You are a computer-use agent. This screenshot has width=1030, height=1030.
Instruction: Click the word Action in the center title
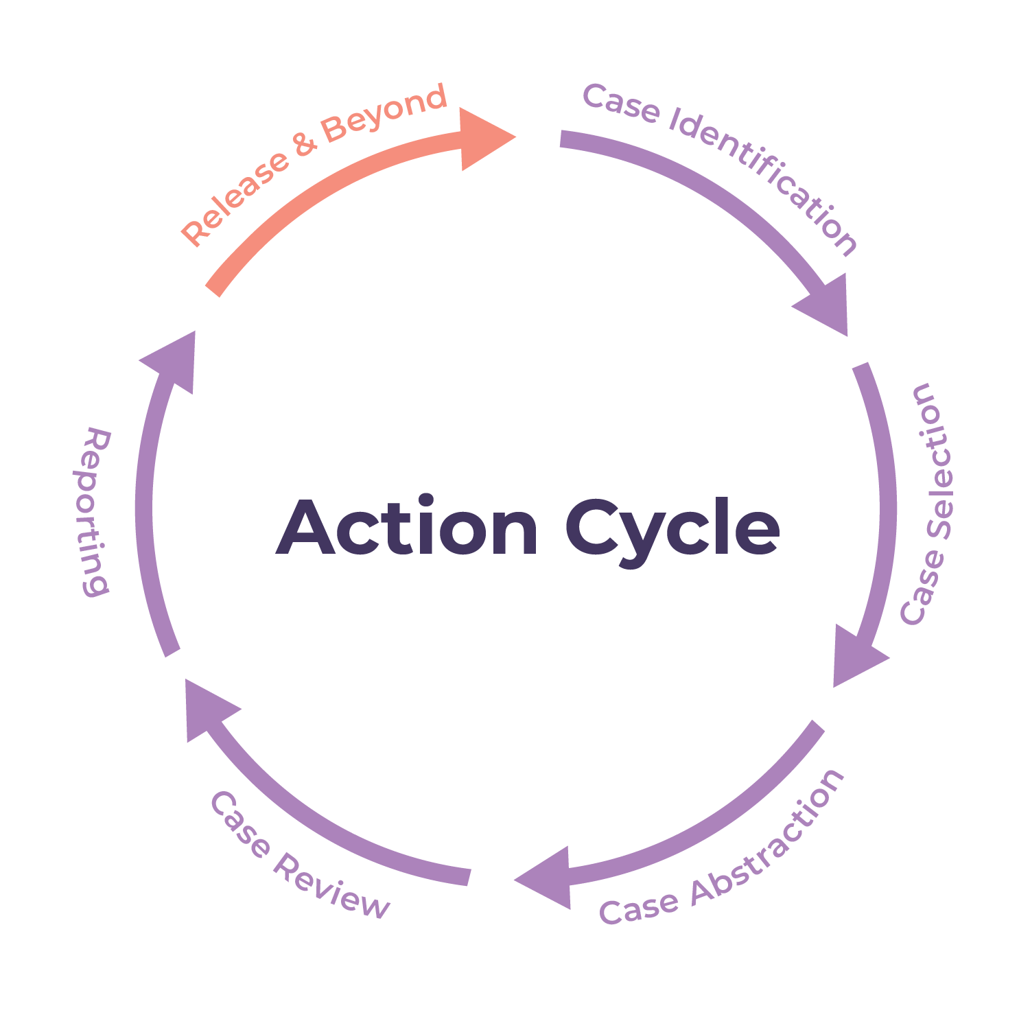click(407, 528)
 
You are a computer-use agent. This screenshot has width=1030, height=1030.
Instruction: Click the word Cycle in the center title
click(672, 530)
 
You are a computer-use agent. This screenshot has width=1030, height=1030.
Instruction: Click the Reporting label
click(93, 511)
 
